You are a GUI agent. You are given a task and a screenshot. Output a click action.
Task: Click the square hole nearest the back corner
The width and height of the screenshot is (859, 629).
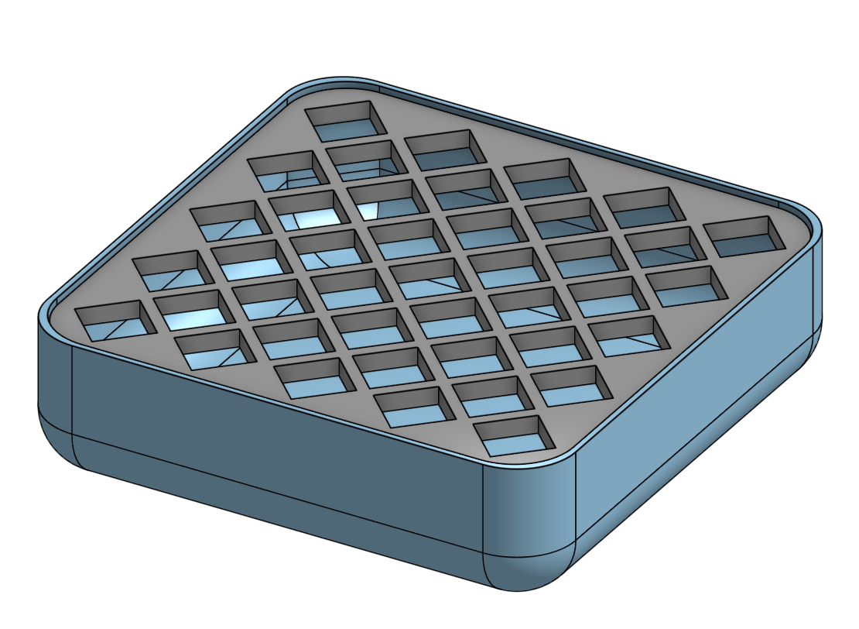[345, 120]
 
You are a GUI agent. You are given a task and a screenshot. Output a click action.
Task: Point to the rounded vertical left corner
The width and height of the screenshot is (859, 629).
[54, 372]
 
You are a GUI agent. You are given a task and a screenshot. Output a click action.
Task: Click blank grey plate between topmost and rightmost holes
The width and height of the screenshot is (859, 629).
[557, 139]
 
